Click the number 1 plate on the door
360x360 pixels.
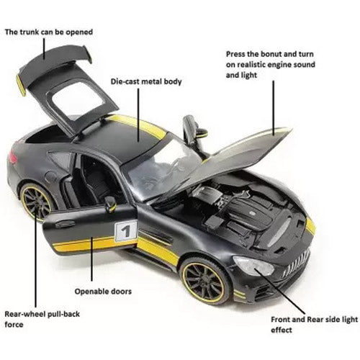[x=126, y=230]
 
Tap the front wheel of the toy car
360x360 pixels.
[x=205, y=281]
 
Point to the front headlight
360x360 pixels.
[x=253, y=266]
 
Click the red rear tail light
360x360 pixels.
[x=13, y=157]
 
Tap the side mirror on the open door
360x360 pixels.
[x=110, y=204]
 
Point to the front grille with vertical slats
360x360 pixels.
[x=296, y=264]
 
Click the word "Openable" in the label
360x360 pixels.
[x=89, y=292]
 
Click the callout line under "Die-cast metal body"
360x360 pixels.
[x=138, y=115]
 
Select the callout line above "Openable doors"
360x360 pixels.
[x=91, y=259]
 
